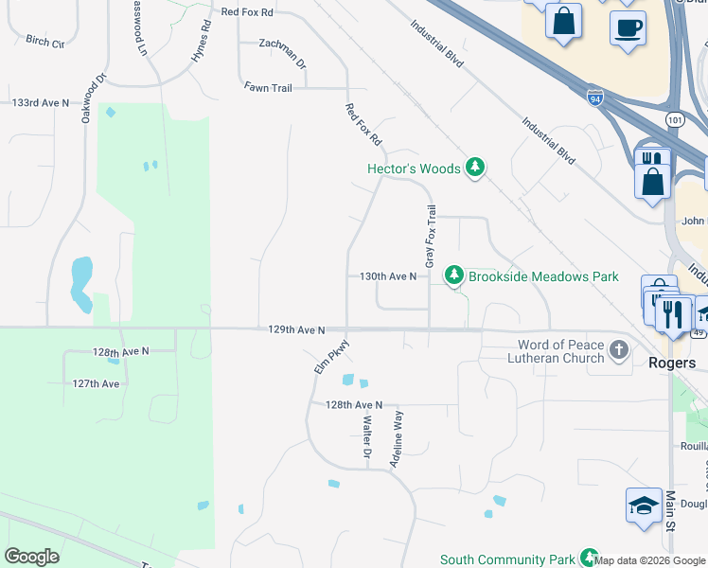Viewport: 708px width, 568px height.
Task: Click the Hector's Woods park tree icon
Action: coord(475,169)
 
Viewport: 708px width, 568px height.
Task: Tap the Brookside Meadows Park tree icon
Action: coord(455,275)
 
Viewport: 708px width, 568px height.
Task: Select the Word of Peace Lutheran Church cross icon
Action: coord(619,350)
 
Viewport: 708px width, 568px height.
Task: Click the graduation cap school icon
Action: coord(644,505)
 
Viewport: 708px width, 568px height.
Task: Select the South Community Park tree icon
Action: coord(589,558)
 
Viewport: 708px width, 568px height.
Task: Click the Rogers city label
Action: coord(672,363)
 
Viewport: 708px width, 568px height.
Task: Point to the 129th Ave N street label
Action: coord(296,330)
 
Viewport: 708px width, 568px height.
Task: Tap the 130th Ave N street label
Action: coord(388,276)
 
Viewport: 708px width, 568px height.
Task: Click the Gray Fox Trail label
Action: coord(431,237)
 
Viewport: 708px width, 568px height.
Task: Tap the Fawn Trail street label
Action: coord(268,87)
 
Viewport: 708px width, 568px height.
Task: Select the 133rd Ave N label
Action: coord(41,101)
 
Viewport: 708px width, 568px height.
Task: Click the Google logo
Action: coord(32,557)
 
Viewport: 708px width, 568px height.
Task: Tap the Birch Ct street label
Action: coord(45,42)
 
